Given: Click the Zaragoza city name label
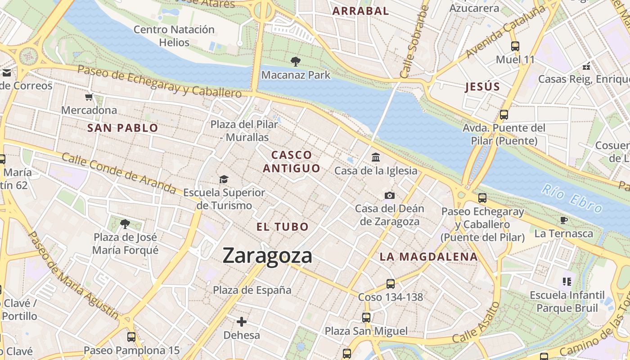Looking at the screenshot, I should (x=267, y=256).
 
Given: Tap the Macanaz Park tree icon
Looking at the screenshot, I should (x=296, y=61).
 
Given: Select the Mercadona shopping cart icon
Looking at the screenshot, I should (x=89, y=97).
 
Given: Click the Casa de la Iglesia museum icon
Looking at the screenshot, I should (x=376, y=157).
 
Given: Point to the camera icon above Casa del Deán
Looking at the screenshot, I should (x=390, y=195).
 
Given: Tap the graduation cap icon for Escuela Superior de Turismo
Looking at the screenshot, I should (x=224, y=180).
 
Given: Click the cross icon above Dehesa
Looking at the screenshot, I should (x=242, y=322).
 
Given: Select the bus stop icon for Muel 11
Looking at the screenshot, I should (x=515, y=46).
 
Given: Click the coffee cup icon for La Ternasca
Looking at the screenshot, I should (x=564, y=220).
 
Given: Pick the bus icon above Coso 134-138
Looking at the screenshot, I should (x=391, y=284).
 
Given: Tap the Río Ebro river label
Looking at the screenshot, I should (x=572, y=198).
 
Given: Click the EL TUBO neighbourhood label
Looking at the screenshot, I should (x=283, y=227).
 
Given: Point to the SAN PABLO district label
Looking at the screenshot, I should (x=123, y=128).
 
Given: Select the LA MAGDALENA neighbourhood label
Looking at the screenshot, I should (x=428, y=257).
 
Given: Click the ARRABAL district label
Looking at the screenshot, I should (x=360, y=11).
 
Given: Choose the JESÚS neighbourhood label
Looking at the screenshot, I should (x=483, y=87).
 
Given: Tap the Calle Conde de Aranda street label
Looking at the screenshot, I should (x=119, y=173).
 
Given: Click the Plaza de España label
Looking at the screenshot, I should (x=252, y=290).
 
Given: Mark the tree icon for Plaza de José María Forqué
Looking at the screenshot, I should (x=125, y=224).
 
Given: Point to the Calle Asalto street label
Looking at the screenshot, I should (x=477, y=322).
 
